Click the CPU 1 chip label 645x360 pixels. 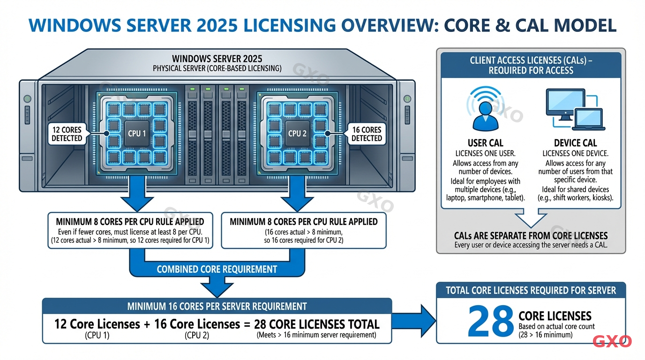(x=137, y=134)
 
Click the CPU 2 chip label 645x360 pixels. (x=297, y=134)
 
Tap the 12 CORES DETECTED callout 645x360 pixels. (x=67, y=134)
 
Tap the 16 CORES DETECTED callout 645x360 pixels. (x=366, y=134)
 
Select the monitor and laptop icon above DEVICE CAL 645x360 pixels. (x=575, y=110)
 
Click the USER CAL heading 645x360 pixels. (x=485, y=143)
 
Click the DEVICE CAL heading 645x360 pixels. (x=575, y=143)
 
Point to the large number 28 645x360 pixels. (x=490, y=321)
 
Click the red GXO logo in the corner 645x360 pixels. (x=612, y=342)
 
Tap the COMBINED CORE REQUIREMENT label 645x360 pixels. (x=217, y=270)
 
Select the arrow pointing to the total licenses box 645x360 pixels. (x=414, y=321)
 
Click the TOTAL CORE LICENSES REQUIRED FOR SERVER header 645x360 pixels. (x=531, y=291)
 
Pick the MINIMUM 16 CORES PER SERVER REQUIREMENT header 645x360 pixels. (x=217, y=307)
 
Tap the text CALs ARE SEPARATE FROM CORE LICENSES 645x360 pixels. (x=531, y=236)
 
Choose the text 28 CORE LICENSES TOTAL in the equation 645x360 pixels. (x=316, y=324)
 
